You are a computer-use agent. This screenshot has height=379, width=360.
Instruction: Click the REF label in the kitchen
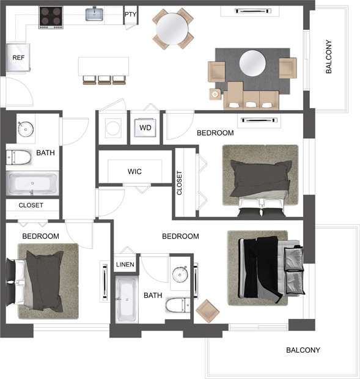point(18,58)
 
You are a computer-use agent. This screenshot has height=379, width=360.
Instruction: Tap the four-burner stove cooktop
point(51,17)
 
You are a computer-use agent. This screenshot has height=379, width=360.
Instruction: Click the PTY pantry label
point(130,15)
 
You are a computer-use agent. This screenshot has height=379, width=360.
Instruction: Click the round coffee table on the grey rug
point(252,62)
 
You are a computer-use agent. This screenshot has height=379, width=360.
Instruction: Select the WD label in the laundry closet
point(145,128)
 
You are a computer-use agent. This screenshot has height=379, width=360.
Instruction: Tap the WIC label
point(134,172)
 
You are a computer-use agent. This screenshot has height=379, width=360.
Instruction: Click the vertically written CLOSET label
point(180,182)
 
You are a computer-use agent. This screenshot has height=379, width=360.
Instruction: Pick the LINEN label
point(125,265)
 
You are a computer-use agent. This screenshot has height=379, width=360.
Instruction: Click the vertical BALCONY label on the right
point(329,57)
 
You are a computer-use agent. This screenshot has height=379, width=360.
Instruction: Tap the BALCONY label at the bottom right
point(303,350)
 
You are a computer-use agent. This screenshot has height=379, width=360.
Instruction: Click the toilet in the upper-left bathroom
point(19,158)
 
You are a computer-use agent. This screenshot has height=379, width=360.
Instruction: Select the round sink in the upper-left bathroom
point(26,129)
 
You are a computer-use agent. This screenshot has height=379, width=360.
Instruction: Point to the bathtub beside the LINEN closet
point(127,300)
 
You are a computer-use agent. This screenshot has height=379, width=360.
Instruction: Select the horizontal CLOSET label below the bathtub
point(31,205)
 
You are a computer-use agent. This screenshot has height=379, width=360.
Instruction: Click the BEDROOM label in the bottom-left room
point(40,236)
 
